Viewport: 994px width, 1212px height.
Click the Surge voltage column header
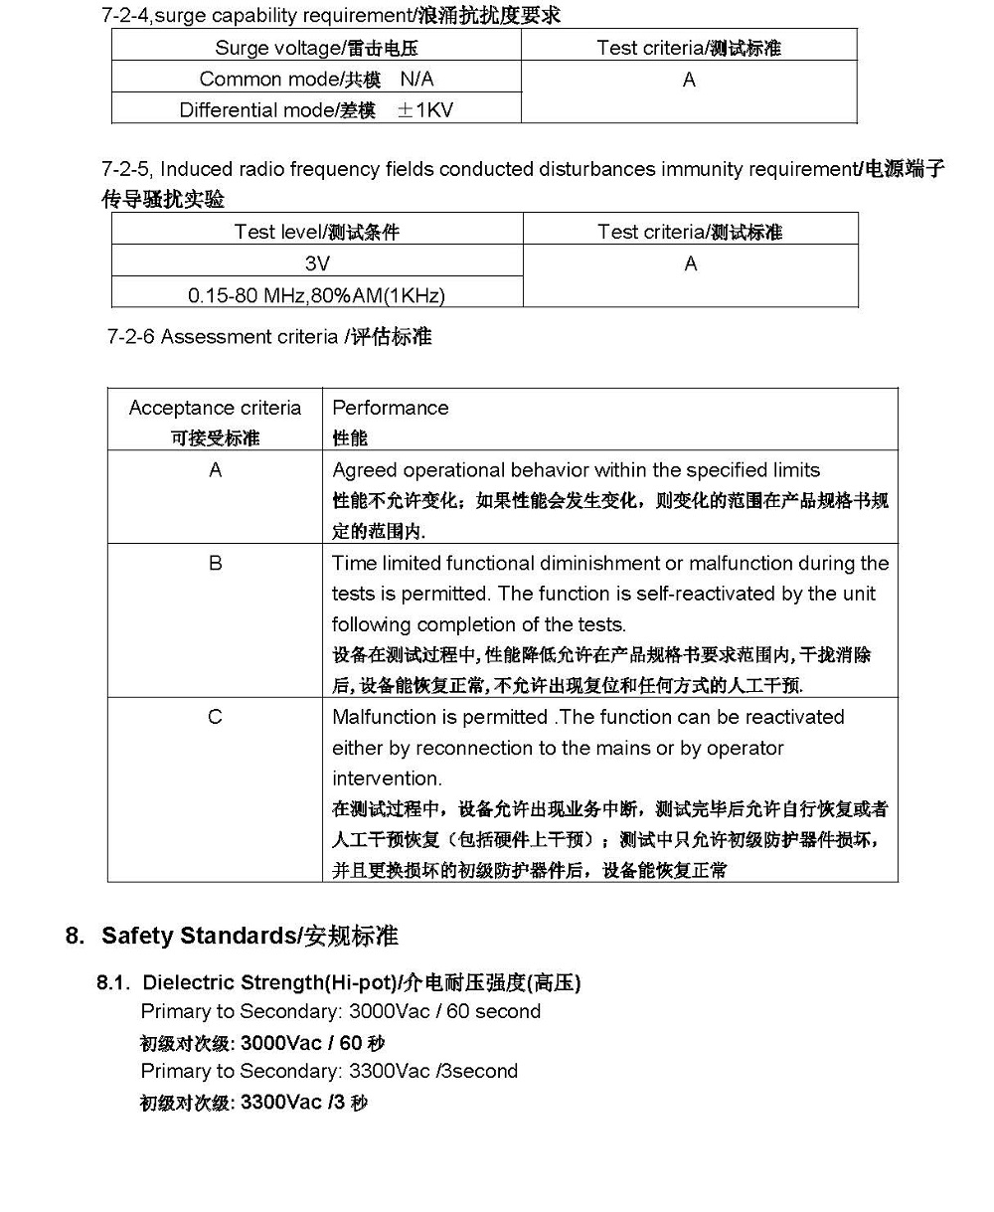tap(316, 48)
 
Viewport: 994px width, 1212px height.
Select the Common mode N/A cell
tap(316, 79)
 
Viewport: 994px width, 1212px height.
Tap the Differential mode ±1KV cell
tap(316, 109)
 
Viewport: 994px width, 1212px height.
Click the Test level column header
tap(316, 232)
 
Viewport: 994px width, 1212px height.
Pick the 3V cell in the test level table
tap(316, 263)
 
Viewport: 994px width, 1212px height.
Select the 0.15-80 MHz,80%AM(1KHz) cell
tap(316, 295)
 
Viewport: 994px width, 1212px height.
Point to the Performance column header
tap(390, 408)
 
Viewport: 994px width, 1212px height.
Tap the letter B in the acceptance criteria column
tap(215, 564)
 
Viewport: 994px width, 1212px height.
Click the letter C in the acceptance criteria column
tap(215, 717)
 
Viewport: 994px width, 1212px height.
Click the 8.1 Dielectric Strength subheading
tap(338, 983)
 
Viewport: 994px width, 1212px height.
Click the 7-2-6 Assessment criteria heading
tap(268, 337)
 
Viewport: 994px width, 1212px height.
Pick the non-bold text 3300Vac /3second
tap(432, 1071)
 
